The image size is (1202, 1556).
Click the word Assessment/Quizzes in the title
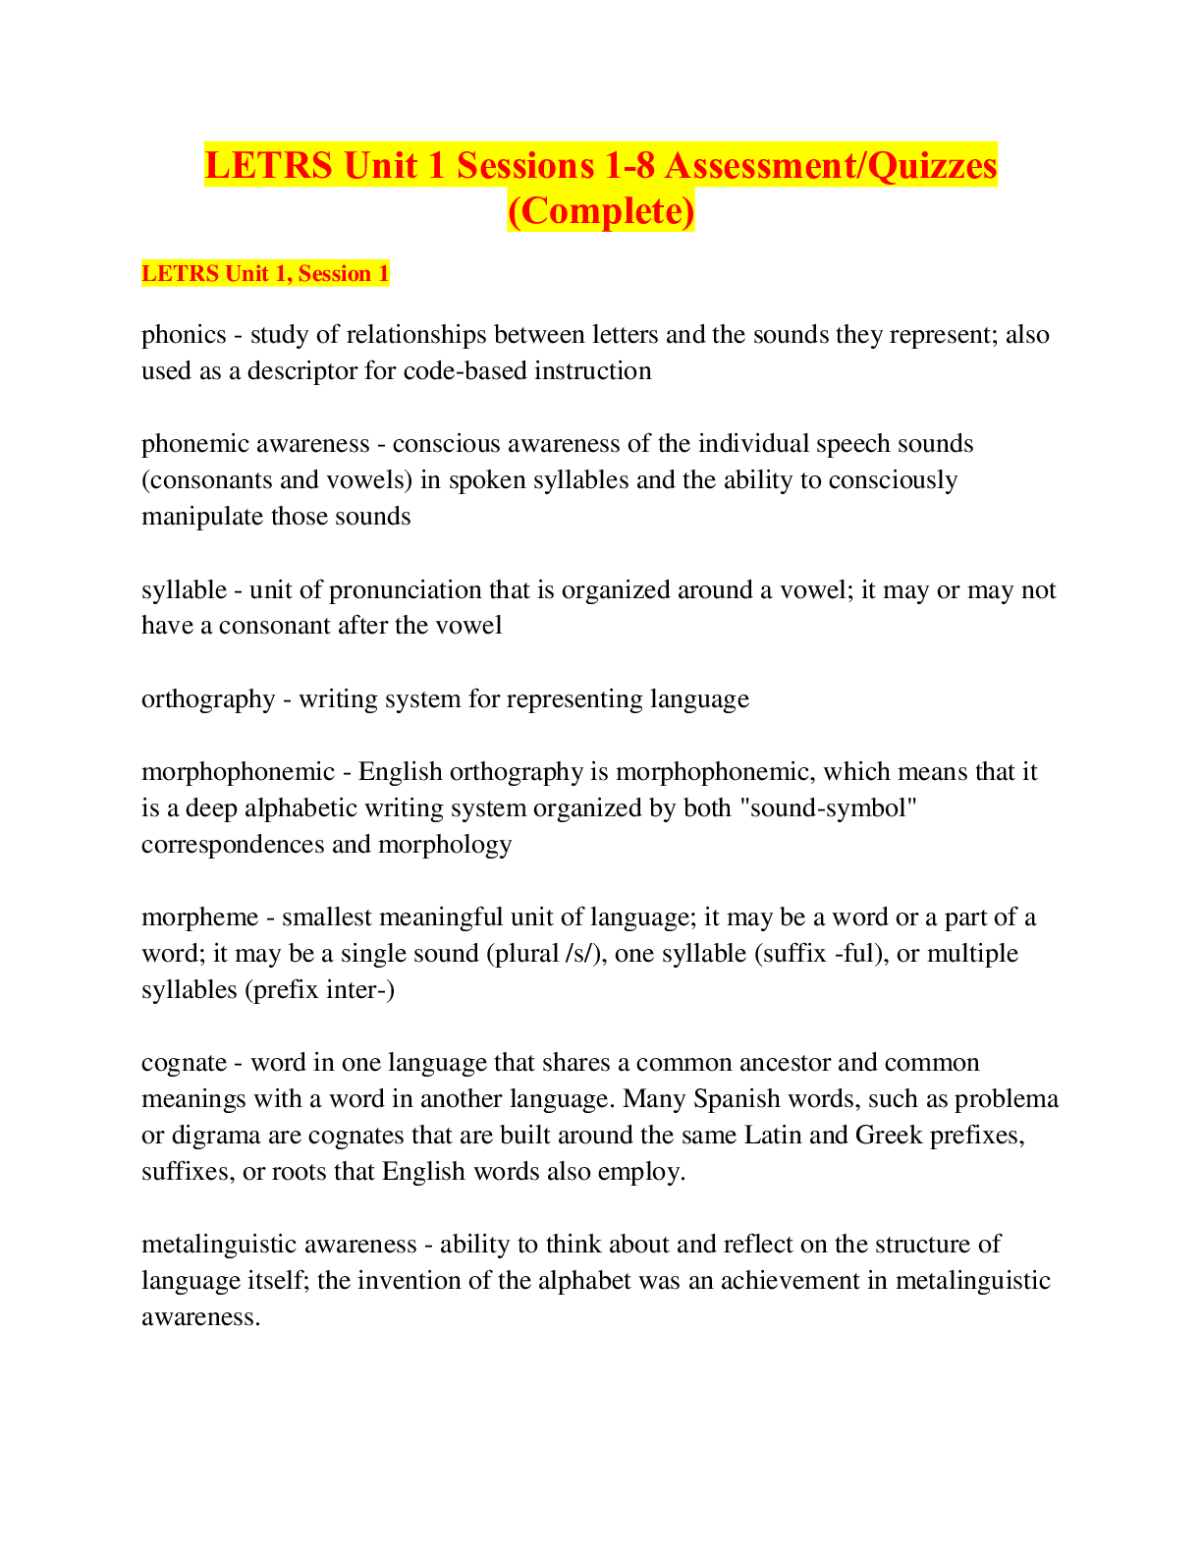[831, 165]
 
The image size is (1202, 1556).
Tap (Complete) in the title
[601, 210]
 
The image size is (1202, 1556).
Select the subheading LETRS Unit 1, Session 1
[265, 273]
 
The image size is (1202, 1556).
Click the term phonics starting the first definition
[184, 335]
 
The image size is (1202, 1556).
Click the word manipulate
[202, 517]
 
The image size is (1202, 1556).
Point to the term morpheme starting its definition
[199, 917]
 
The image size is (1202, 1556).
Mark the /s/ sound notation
[580, 954]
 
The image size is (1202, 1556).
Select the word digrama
[215, 1136]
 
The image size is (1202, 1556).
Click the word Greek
[889, 1136]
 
